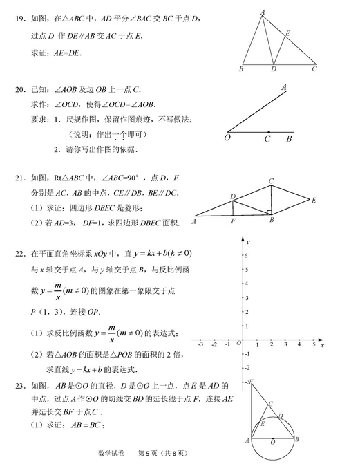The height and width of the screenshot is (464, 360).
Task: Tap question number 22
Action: pyautogui.click(x=20, y=253)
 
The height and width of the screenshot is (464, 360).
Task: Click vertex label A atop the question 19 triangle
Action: pyautogui.click(x=263, y=12)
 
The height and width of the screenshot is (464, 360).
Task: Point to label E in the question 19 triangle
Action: pyautogui.click(x=287, y=33)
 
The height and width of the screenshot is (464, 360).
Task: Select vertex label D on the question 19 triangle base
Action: pyautogui.click(x=274, y=69)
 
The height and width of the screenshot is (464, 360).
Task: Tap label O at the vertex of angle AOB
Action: pyautogui.click(x=228, y=138)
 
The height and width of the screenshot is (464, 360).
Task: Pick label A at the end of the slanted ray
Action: pyautogui.click(x=284, y=87)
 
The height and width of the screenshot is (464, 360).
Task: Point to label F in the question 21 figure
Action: pyautogui.click(x=234, y=221)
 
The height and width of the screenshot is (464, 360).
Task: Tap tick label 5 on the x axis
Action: pyautogui.click(x=314, y=344)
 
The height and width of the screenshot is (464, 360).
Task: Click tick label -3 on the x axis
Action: pyautogui.click(x=200, y=344)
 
